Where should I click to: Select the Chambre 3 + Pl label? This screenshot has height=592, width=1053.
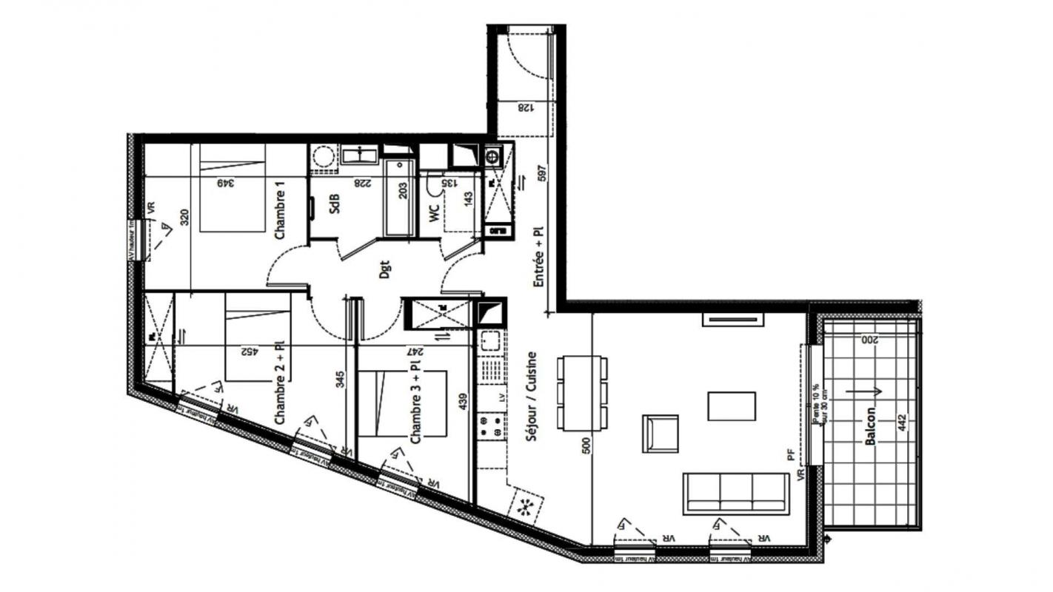(x=415, y=403)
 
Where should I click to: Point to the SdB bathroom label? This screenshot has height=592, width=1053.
(x=335, y=203)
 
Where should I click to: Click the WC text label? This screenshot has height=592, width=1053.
(x=434, y=213)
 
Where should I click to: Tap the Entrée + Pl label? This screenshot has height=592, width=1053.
(x=539, y=257)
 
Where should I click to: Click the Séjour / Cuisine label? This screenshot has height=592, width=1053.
(x=531, y=397)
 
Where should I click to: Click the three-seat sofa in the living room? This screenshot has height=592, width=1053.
(x=735, y=494)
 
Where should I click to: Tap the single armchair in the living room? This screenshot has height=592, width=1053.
(x=661, y=433)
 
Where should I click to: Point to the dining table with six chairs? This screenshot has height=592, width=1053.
(x=583, y=393)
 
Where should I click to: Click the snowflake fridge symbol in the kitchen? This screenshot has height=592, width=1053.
(x=526, y=506)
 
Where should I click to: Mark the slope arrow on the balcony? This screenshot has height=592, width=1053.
(x=863, y=392)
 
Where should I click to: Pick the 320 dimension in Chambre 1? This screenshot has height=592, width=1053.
(x=185, y=217)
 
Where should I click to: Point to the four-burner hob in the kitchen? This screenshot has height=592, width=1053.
(x=490, y=425)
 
